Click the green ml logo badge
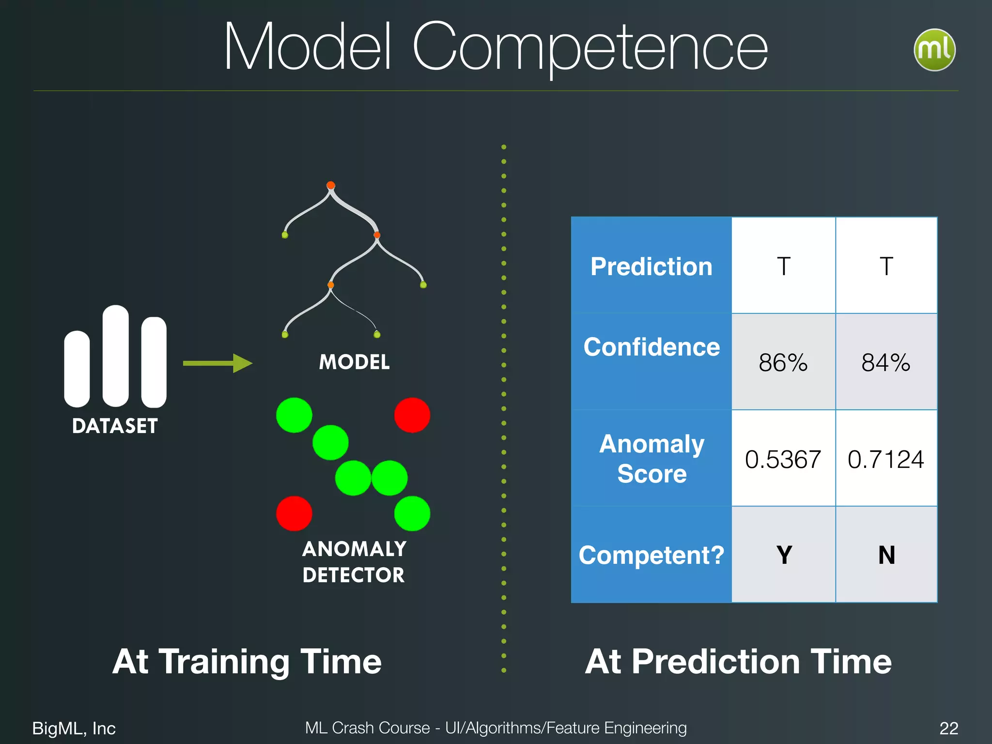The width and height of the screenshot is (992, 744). (x=934, y=50)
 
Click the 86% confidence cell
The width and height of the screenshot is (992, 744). (x=783, y=362)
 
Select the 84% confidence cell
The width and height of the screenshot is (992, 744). (x=885, y=362)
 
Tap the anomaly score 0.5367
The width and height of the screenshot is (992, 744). (x=783, y=459)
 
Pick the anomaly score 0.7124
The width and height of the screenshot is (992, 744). (x=885, y=459)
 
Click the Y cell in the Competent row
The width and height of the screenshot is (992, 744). (x=784, y=555)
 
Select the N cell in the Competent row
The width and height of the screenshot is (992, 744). (x=886, y=555)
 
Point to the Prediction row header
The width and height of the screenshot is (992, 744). (x=651, y=266)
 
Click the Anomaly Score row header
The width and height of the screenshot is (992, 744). (x=651, y=458)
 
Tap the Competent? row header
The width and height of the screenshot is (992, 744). (x=651, y=555)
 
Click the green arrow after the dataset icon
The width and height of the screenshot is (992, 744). (x=217, y=363)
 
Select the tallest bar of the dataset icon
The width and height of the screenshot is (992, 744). (x=115, y=356)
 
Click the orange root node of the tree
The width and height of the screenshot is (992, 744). (x=331, y=185)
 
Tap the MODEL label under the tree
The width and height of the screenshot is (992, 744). (x=354, y=362)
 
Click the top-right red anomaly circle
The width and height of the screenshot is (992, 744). (x=412, y=415)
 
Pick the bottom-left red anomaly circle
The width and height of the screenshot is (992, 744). (x=294, y=513)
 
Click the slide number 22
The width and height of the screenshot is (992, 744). (x=948, y=728)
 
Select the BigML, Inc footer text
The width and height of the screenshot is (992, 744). (x=74, y=728)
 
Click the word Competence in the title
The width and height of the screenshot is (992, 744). (x=589, y=48)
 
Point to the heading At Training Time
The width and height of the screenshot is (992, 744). (x=247, y=661)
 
